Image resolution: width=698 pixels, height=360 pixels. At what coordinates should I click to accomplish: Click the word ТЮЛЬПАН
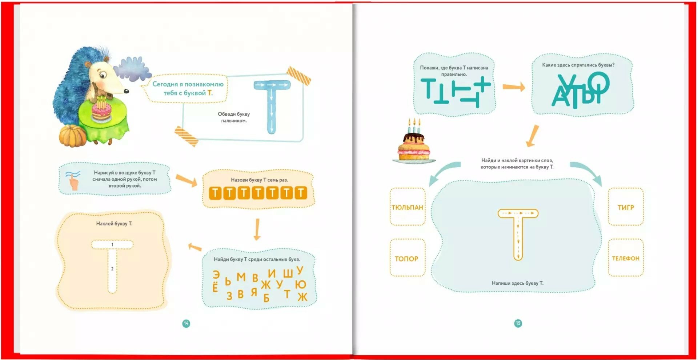click(x=407, y=207)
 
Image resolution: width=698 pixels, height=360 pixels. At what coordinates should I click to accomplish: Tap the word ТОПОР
click(x=406, y=259)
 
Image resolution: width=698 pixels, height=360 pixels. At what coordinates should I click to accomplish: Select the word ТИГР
click(x=626, y=207)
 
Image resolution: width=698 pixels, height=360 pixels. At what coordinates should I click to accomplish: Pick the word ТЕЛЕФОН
click(x=625, y=258)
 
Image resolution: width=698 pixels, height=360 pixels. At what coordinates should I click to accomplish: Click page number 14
click(x=186, y=323)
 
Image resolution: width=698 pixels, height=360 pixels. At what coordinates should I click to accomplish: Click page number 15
click(x=518, y=323)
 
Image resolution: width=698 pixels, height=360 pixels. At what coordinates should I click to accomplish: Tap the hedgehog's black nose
click(x=127, y=91)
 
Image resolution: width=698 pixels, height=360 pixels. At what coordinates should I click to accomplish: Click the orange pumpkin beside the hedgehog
click(x=73, y=136)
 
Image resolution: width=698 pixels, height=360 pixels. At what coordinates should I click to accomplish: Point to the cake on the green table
click(x=101, y=110)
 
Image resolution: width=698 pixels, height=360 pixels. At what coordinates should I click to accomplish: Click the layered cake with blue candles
click(x=414, y=145)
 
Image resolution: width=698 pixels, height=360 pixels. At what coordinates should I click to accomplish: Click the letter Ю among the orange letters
click(x=300, y=284)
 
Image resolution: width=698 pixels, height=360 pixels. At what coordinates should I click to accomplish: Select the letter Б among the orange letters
click(x=266, y=298)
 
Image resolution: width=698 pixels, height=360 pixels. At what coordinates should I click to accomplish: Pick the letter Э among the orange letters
click(x=216, y=275)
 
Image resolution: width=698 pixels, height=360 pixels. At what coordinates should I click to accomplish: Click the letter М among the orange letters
click(x=241, y=277)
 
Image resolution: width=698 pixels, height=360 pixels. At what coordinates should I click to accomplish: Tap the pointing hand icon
click(x=73, y=180)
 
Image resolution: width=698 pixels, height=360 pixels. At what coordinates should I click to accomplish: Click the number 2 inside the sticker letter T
click(x=112, y=269)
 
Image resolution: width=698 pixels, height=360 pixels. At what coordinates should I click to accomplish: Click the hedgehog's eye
click(x=103, y=76)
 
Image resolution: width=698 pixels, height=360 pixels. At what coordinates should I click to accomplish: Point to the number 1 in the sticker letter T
click(x=112, y=244)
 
